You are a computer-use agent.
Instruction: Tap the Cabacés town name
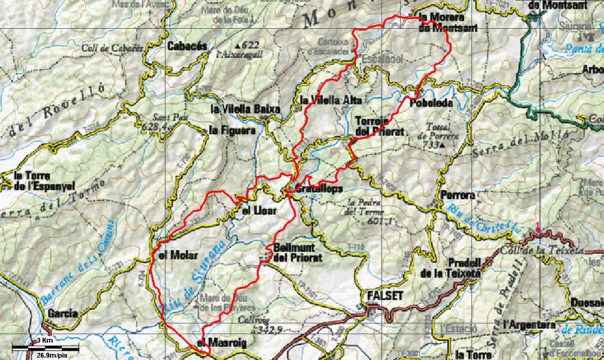187,46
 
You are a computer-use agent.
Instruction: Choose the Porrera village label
457,195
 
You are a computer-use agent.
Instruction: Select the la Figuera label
232,130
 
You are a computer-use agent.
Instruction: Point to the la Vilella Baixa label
245,109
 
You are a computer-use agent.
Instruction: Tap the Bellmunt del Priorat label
298,252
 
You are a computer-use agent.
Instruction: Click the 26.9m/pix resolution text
51,355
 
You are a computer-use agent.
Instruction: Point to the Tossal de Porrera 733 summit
441,136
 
